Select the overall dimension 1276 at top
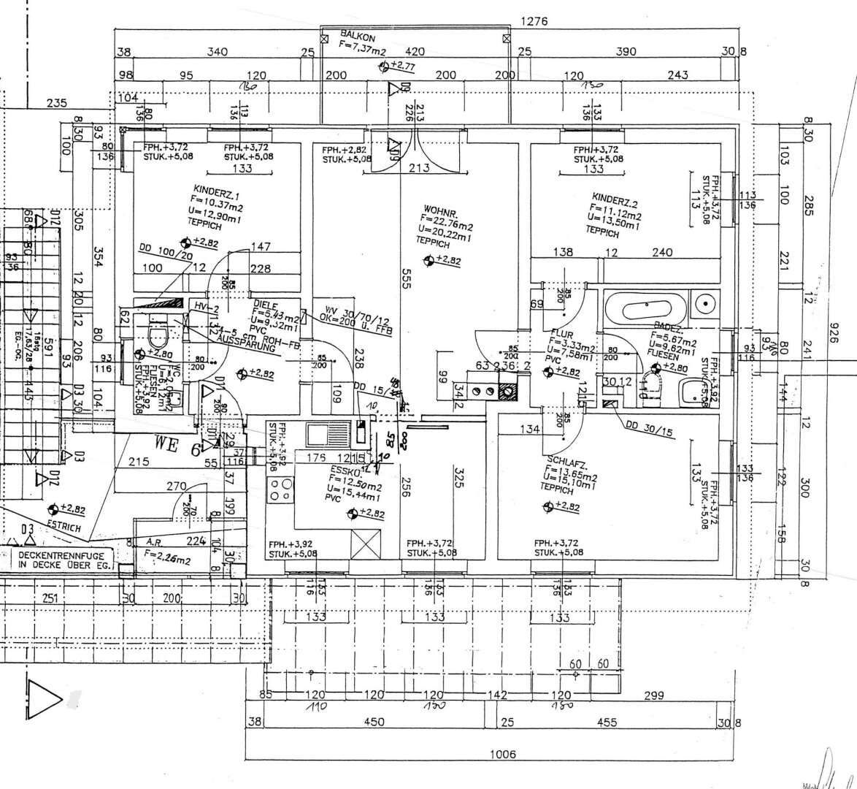pyautogui.click(x=534, y=22)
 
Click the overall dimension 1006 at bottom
pyautogui.click(x=502, y=754)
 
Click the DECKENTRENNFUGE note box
pyautogui.click(x=63, y=560)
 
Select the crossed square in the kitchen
pyautogui.click(x=365, y=544)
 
